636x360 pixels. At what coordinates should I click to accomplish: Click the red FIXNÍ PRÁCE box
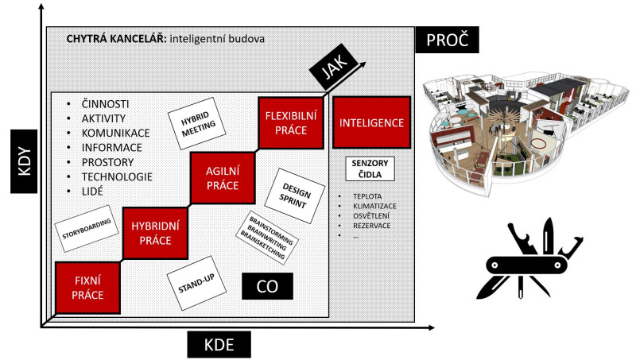87,288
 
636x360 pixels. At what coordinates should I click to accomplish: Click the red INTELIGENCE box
371,123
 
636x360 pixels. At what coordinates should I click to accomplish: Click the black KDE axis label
219,345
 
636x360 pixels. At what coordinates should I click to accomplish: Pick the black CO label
267,286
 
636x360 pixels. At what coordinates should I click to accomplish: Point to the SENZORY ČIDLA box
370,168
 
